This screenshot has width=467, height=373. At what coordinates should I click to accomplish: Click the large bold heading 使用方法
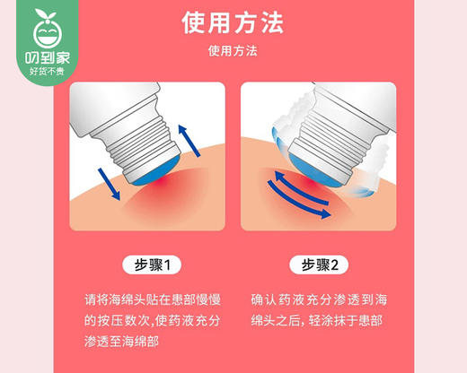click(233, 21)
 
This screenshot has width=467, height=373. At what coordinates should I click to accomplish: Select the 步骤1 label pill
click(150, 265)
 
